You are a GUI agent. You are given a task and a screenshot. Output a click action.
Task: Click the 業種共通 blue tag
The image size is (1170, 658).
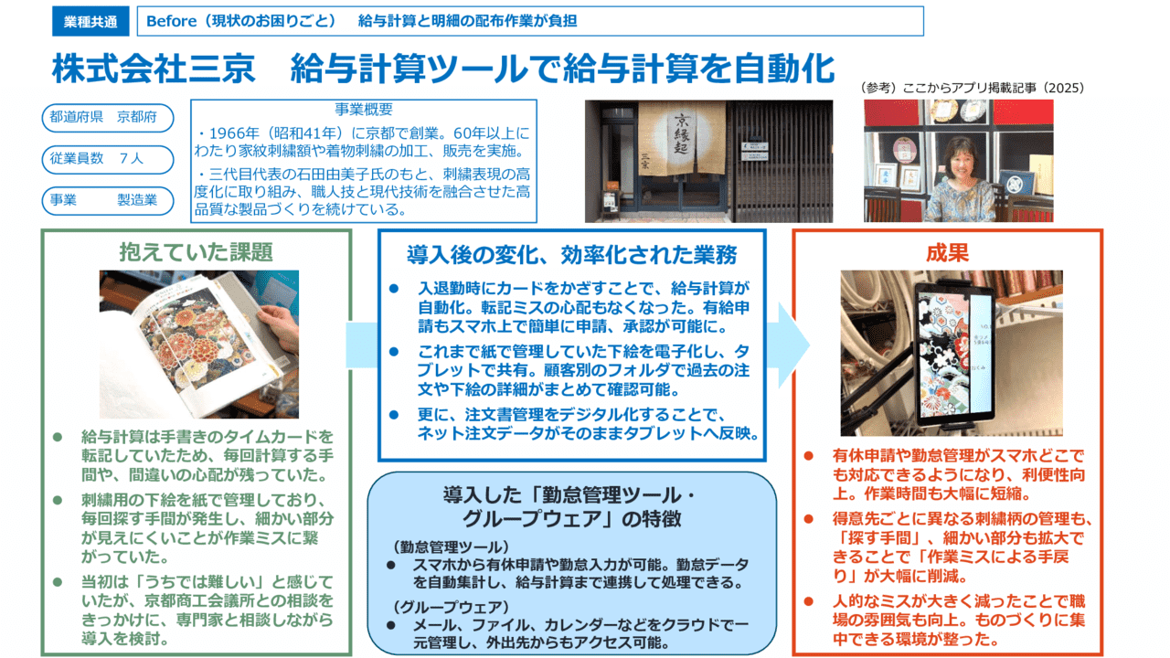pyautogui.click(x=90, y=21)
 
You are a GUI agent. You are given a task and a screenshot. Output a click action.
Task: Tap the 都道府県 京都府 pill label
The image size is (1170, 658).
pyautogui.click(x=107, y=118)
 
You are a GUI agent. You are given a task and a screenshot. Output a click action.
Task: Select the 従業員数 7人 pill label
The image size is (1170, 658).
pyautogui.click(x=107, y=159)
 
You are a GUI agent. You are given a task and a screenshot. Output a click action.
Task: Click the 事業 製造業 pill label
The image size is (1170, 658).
pyautogui.click(x=107, y=200)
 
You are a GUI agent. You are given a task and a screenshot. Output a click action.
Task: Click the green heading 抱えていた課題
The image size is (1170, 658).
pyautogui.click(x=196, y=251)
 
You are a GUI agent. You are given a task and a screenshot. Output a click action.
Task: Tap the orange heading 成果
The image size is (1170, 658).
pyautogui.click(x=946, y=252)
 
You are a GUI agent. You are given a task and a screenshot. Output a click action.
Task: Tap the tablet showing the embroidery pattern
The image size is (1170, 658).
pyautogui.click(x=954, y=352)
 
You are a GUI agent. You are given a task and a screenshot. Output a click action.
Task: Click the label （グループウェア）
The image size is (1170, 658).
pyautogui.click(x=439, y=607)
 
